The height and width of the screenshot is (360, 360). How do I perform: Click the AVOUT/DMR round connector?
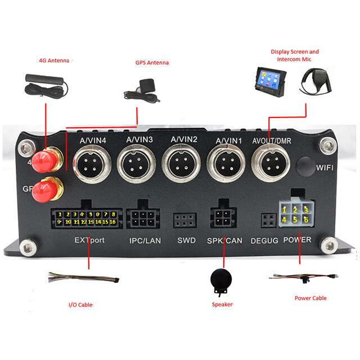[271, 165]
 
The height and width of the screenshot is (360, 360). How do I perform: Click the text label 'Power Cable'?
[310, 298]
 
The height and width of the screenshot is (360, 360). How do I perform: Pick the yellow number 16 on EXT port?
[114, 222]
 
